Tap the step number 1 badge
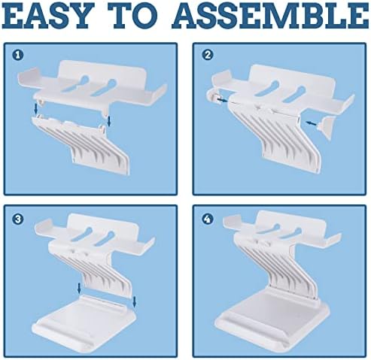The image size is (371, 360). [x=18, y=55]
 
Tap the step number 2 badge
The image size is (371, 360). [x=208, y=55]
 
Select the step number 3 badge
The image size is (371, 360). [x=18, y=219]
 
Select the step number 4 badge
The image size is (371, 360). [x=208, y=219]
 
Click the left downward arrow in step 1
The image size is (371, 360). [x=36, y=108]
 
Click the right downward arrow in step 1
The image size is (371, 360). [x=108, y=121]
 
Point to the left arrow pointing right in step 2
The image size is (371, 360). [x=223, y=100]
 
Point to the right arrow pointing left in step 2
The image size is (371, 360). [x=312, y=123]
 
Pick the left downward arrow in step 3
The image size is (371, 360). [x=79, y=288]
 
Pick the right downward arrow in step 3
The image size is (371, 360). [x=134, y=301]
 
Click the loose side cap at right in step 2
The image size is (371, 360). [x=327, y=128]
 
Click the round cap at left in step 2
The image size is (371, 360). [x=213, y=98]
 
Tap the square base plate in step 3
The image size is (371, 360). [x=84, y=322]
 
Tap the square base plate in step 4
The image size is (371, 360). [x=273, y=321]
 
